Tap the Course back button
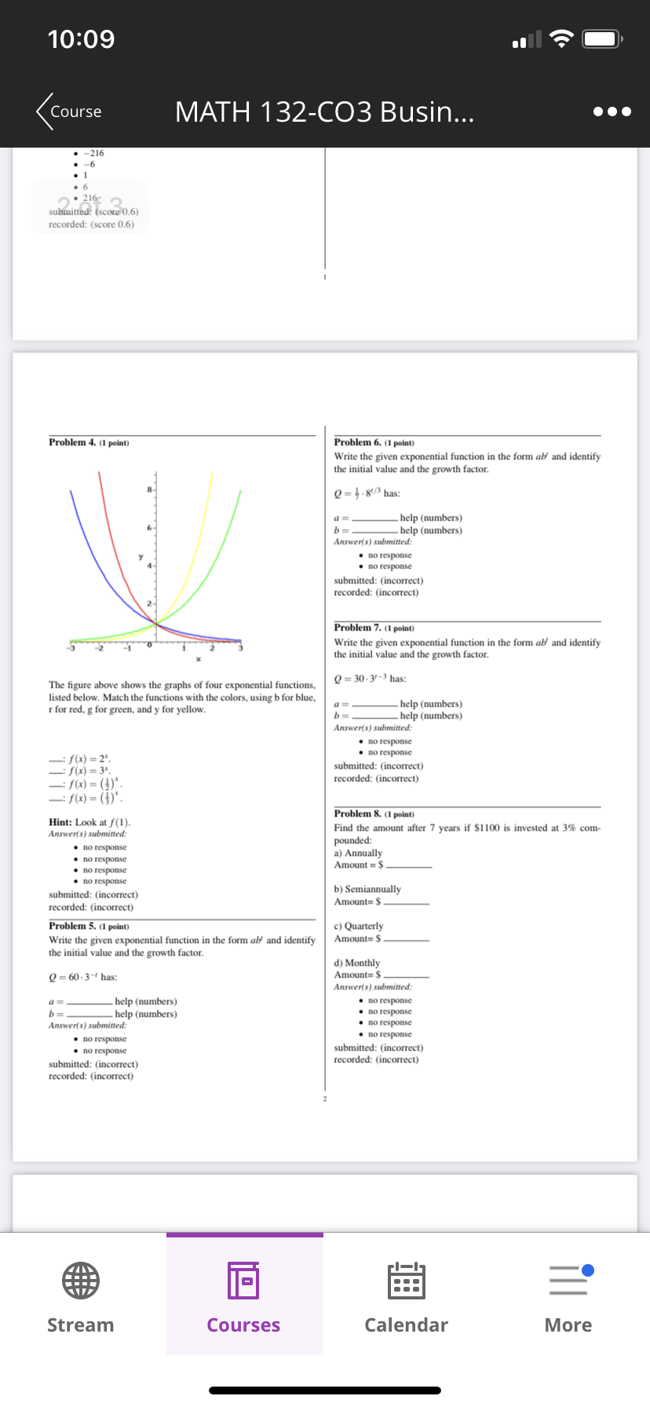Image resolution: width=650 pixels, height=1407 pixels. click(x=68, y=111)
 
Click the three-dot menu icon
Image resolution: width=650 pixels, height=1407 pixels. click(x=612, y=111)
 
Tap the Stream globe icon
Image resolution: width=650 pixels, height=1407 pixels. click(x=81, y=1281)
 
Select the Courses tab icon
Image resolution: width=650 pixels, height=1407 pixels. click(x=243, y=1281)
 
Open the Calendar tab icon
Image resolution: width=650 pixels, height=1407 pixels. click(x=406, y=1281)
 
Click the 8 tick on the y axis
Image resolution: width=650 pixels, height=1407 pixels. click(x=149, y=490)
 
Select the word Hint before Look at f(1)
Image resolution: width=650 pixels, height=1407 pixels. click(x=60, y=822)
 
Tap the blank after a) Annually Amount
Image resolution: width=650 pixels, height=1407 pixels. click(x=409, y=865)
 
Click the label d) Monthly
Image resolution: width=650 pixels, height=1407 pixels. click(x=356, y=963)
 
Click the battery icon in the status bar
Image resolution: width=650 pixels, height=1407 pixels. click(x=603, y=39)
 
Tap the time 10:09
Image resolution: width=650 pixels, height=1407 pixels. click(x=81, y=39)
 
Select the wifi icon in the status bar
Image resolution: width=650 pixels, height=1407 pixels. click(x=561, y=39)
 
